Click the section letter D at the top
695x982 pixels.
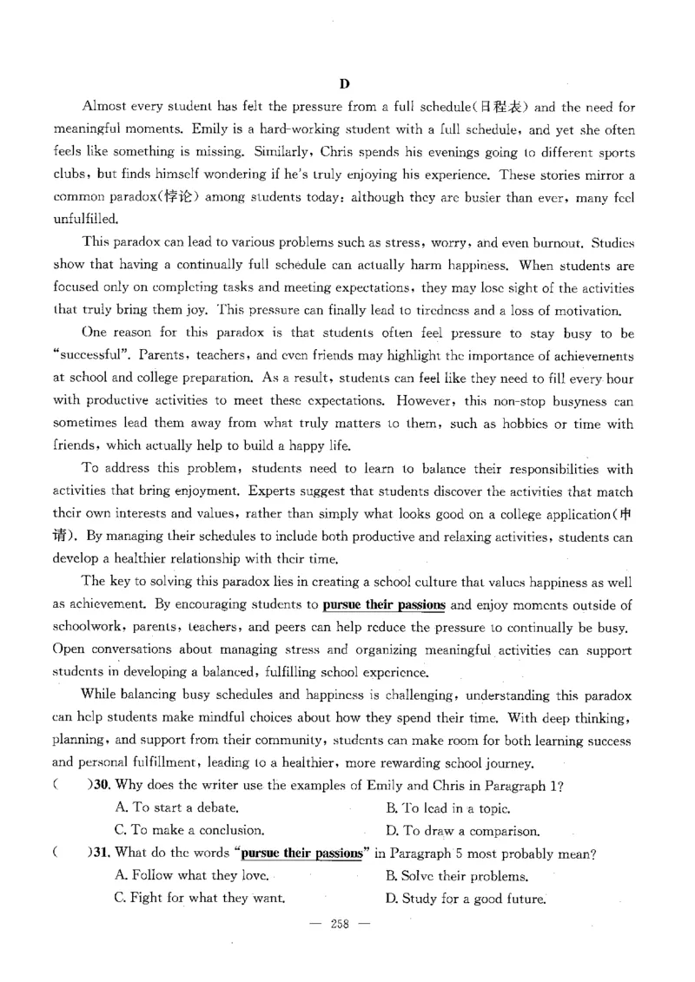tap(344, 84)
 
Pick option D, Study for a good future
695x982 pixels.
tap(465, 899)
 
